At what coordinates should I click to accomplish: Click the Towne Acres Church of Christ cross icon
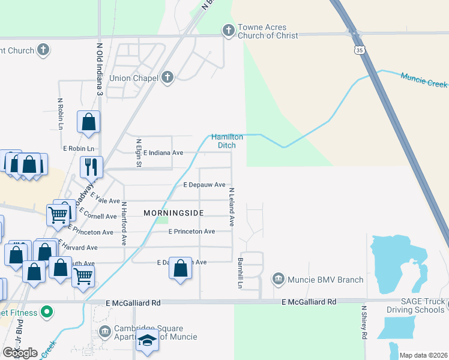click(228, 29)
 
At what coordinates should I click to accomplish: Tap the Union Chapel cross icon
click(167, 77)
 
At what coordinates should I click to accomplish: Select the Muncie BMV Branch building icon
click(279, 279)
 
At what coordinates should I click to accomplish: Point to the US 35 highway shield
click(358, 51)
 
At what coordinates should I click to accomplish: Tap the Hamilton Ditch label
click(227, 141)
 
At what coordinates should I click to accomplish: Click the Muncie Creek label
click(424, 79)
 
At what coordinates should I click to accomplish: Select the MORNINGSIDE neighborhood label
click(173, 213)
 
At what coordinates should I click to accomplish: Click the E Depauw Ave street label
click(204, 185)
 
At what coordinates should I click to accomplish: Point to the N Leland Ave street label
click(231, 207)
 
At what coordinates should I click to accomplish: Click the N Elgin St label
click(139, 152)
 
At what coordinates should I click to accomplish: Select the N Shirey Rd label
click(364, 323)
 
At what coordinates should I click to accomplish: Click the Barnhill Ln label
click(240, 274)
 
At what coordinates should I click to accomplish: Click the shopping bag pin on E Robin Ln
click(89, 122)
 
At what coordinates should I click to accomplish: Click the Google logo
click(20, 353)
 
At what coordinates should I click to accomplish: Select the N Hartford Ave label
click(124, 223)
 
